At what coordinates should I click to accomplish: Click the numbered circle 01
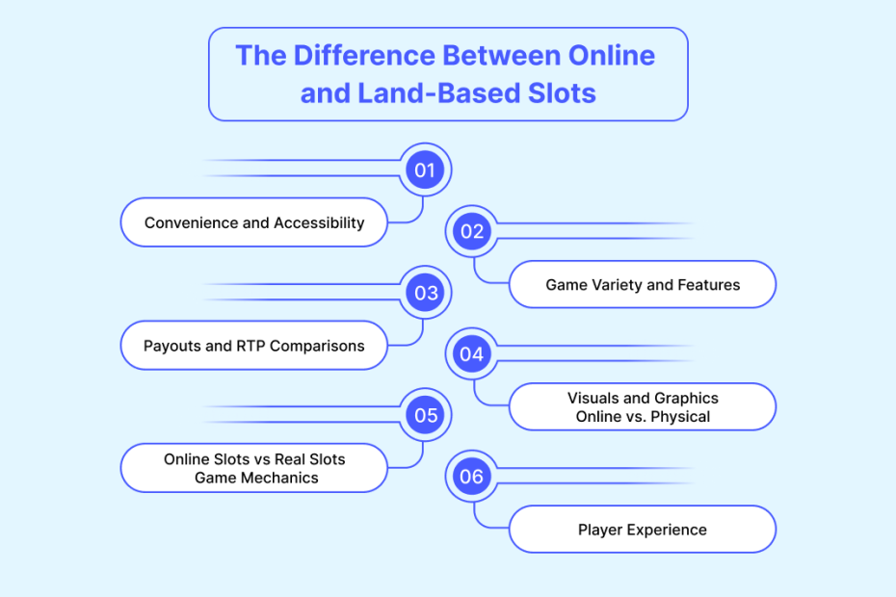pyautogui.click(x=425, y=169)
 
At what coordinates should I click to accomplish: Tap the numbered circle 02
pyautogui.click(x=472, y=231)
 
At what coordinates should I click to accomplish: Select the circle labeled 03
pyautogui.click(x=425, y=293)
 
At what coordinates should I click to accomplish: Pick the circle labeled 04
pyautogui.click(x=472, y=354)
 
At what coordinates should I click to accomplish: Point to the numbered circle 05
pyautogui.click(x=425, y=415)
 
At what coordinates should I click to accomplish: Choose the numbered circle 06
pyautogui.click(x=472, y=477)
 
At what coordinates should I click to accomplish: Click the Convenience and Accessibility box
pyautogui.click(x=254, y=222)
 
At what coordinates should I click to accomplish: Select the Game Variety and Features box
pyautogui.click(x=643, y=284)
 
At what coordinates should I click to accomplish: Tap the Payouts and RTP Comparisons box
pyautogui.click(x=254, y=346)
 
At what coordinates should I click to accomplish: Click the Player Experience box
pyautogui.click(x=643, y=530)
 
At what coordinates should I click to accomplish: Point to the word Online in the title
pyautogui.click(x=612, y=56)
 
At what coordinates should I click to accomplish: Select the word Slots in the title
pyautogui.click(x=562, y=93)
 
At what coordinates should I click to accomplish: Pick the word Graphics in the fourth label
pyautogui.click(x=686, y=399)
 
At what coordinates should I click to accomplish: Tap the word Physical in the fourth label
pyautogui.click(x=680, y=417)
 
